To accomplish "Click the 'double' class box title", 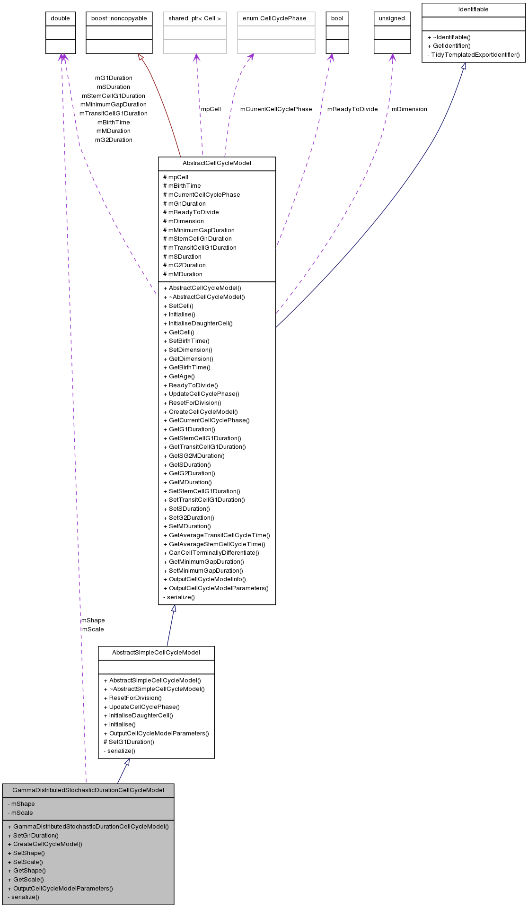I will click(x=60, y=18).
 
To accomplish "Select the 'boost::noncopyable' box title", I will click(x=119, y=18).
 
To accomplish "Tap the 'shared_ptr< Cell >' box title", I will click(x=194, y=18).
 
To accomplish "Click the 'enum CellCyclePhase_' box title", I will click(x=276, y=18).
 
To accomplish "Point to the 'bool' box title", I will click(x=337, y=18).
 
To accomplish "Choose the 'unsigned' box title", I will click(x=392, y=18).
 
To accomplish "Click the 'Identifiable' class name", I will click(x=473, y=9).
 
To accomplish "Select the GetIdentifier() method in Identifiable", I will click(x=451, y=46).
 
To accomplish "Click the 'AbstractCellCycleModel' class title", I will click(x=217, y=163).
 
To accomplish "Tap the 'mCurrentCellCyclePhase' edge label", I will click(x=276, y=109).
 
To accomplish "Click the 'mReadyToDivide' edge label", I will click(x=352, y=109).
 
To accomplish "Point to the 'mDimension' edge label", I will click(x=409, y=109).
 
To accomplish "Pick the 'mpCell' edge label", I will click(x=211, y=109).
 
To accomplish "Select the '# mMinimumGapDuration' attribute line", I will click(x=199, y=230).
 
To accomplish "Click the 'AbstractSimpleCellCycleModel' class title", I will click(x=156, y=653).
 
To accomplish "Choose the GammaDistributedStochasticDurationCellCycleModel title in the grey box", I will click(x=88, y=790).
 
